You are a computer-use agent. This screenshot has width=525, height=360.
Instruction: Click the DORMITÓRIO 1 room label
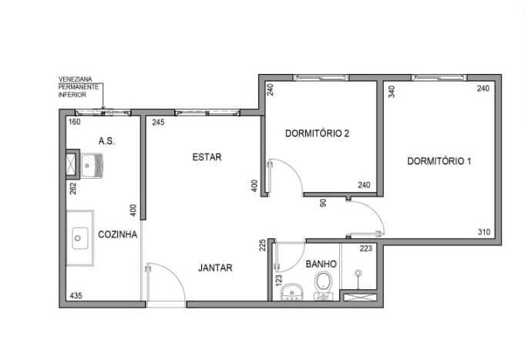tap(439, 161)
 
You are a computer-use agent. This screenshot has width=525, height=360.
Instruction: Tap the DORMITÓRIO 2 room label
tap(317, 133)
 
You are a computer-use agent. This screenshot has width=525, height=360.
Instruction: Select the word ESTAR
tap(207, 157)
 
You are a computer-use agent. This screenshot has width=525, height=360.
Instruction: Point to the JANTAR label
tap(215, 267)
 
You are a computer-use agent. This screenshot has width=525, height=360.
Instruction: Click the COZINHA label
tap(117, 234)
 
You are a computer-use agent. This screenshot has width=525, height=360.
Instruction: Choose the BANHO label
tap(321, 264)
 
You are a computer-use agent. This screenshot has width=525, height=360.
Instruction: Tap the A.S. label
tap(107, 141)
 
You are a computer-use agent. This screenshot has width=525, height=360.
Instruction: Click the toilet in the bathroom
tap(323, 284)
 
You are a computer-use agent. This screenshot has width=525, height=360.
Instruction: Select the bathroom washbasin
tap(291, 292)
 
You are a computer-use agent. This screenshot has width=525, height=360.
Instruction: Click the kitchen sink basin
tap(79, 238)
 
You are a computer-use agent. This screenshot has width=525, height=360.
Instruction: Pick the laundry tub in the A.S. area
tap(92, 165)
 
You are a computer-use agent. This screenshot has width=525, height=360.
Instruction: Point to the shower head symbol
tap(358, 273)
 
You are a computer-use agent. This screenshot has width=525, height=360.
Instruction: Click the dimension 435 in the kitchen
tap(76, 296)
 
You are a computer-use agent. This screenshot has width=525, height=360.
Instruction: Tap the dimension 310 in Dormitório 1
tap(484, 232)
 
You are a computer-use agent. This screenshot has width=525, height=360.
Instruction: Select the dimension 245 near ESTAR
tap(158, 123)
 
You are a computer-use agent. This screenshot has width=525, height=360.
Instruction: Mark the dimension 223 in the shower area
tap(366, 248)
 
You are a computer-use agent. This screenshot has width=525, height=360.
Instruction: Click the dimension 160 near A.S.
tap(74, 122)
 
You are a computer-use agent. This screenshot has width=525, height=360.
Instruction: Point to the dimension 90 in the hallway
tap(323, 203)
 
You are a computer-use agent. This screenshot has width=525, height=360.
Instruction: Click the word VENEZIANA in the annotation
tap(75, 79)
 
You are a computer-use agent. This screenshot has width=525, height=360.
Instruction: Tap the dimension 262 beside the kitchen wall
tap(73, 188)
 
